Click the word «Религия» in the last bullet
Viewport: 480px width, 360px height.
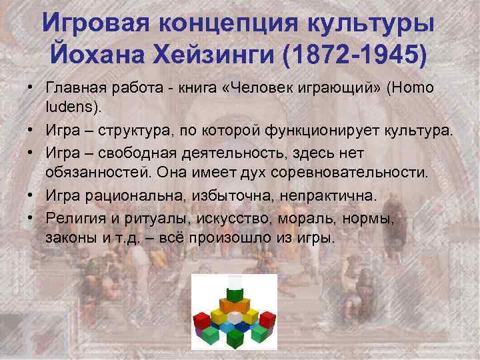75,219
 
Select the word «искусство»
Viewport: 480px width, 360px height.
231,219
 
